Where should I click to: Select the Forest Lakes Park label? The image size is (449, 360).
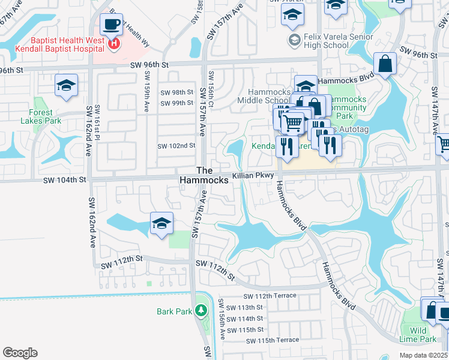[x=40, y=116]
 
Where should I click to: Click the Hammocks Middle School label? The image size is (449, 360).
[x=269, y=96]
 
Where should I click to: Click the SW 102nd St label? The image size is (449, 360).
[x=176, y=146]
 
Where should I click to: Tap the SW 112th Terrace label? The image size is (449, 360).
[x=271, y=296]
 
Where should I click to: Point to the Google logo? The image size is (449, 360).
[x=20, y=352]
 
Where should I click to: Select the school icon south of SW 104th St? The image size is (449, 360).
[x=161, y=224]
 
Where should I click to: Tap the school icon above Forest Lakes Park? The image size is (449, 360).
[x=67, y=86]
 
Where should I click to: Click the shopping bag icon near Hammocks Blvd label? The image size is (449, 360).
[x=385, y=64]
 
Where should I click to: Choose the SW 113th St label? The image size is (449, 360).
[x=247, y=307]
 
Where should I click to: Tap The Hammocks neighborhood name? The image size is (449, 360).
[x=204, y=175]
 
